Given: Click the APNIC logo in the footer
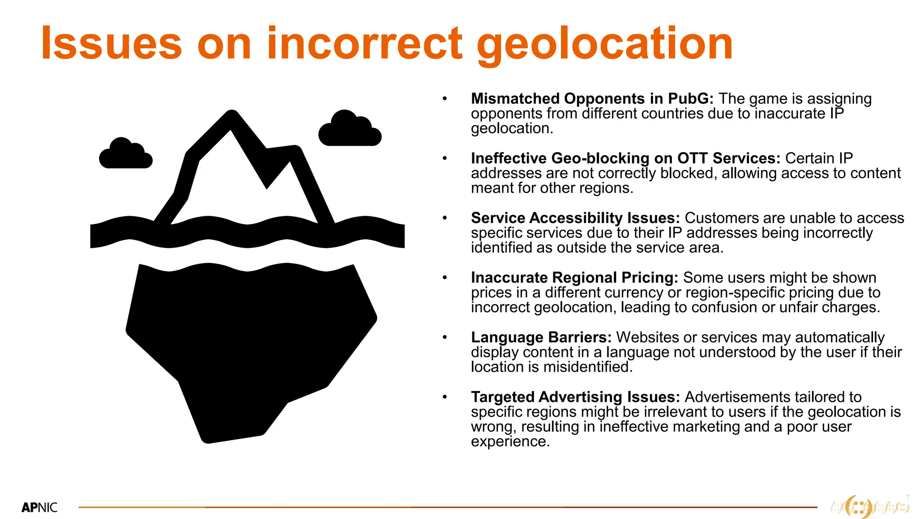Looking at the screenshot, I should click(40, 508).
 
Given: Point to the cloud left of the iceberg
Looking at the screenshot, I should click(126, 155).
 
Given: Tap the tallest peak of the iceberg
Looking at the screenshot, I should click(232, 118).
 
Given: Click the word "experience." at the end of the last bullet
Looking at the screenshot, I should click(510, 442).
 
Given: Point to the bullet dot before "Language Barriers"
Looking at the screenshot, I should click(445, 337).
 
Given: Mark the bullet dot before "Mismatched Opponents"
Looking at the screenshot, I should click(445, 99).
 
